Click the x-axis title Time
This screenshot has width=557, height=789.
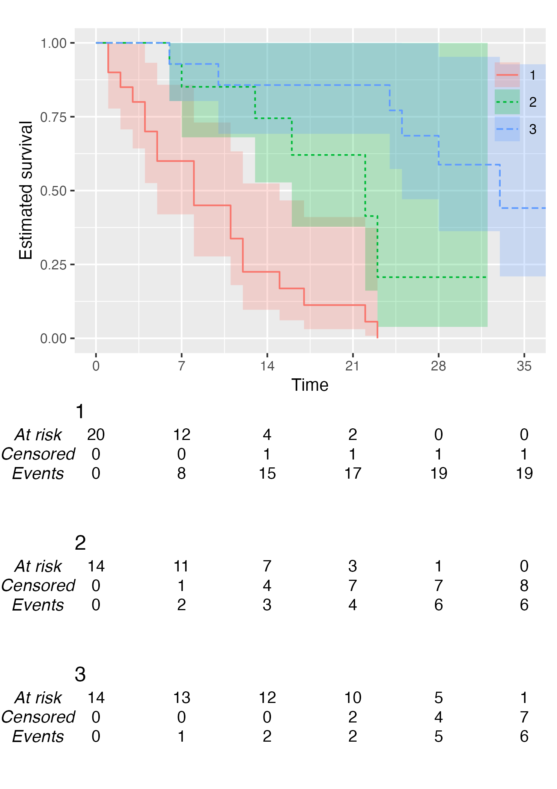[310, 385]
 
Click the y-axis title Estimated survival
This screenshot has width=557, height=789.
[26, 190]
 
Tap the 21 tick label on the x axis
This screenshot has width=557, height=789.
[352, 366]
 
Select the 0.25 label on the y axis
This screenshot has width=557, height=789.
[53, 265]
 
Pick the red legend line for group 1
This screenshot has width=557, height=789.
[507, 75]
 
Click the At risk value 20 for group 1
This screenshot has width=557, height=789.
[96, 435]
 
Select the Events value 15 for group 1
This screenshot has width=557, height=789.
[267, 473]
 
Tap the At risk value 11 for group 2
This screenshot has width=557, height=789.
[181, 566]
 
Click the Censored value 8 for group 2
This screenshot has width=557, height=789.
[524, 586]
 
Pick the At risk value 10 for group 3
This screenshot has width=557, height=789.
[352, 698]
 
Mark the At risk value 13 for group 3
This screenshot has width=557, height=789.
[181, 698]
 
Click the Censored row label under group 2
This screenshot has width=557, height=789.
[38, 586]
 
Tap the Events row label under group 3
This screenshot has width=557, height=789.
[38, 736]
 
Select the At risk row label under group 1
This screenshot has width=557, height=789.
[38, 435]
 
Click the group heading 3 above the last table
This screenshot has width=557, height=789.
[80, 674]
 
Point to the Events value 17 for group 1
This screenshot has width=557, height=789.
[352, 473]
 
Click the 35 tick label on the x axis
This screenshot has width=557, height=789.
[524, 366]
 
